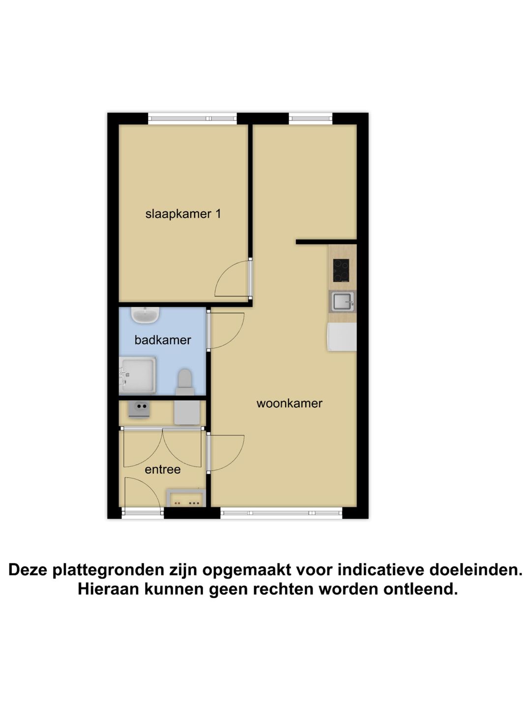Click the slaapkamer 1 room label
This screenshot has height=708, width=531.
(x=183, y=214)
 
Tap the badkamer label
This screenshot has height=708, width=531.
(x=163, y=340)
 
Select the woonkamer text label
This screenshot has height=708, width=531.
(x=289, y=403)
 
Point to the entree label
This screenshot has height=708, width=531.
(x=163, y=470)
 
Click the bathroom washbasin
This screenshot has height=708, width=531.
(x=145, y=315)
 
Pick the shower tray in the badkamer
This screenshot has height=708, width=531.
(x=139, y=375)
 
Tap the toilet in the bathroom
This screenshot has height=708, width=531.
(x=184, y=382)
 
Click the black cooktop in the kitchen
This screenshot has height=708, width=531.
(x=341, y=270)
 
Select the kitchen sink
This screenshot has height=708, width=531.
(x=343, y=301)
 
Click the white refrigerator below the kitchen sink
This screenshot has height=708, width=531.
(x=342, y=337)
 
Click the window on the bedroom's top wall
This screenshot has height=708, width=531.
(x=193, y=118)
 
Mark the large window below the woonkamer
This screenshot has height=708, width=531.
(x=281, y=513)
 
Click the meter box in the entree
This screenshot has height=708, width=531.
(x=186, y=498)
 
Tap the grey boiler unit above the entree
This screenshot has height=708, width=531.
(x=187, y=413)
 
